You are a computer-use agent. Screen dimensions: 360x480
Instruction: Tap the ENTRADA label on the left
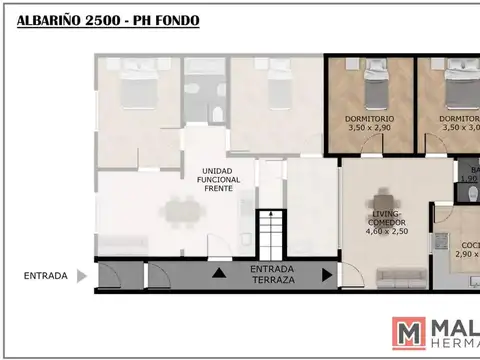pos(46,275)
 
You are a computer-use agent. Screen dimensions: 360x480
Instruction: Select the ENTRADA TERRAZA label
pos(273,275)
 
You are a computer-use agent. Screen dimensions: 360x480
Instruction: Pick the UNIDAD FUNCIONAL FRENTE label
pos(218,179)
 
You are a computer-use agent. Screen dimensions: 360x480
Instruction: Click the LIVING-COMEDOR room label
pos(385,218)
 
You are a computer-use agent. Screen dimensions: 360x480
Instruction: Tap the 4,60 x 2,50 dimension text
pos(385,232)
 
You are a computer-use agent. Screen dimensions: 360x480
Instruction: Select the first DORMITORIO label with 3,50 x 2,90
pos(371,118)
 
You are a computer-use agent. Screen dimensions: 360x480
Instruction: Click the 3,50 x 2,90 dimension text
pos(371,128)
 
